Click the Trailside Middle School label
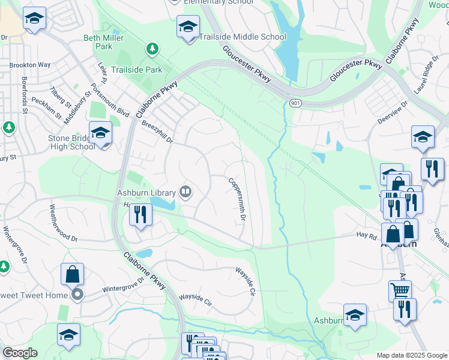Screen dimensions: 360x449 tap(243, 37)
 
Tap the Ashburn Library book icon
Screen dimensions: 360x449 tap(186, 193)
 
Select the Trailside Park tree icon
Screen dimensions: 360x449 tap(152, 48)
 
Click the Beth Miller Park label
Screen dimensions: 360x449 tap(98, 42)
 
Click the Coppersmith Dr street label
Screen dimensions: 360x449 tap(236, 199)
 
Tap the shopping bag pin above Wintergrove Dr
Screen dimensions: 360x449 tap(72, 275)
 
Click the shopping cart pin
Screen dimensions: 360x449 tap(400, 291)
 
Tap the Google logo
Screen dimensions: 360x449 tap(20, 353)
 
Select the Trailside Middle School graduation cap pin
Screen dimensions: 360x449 tap(188, 27)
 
